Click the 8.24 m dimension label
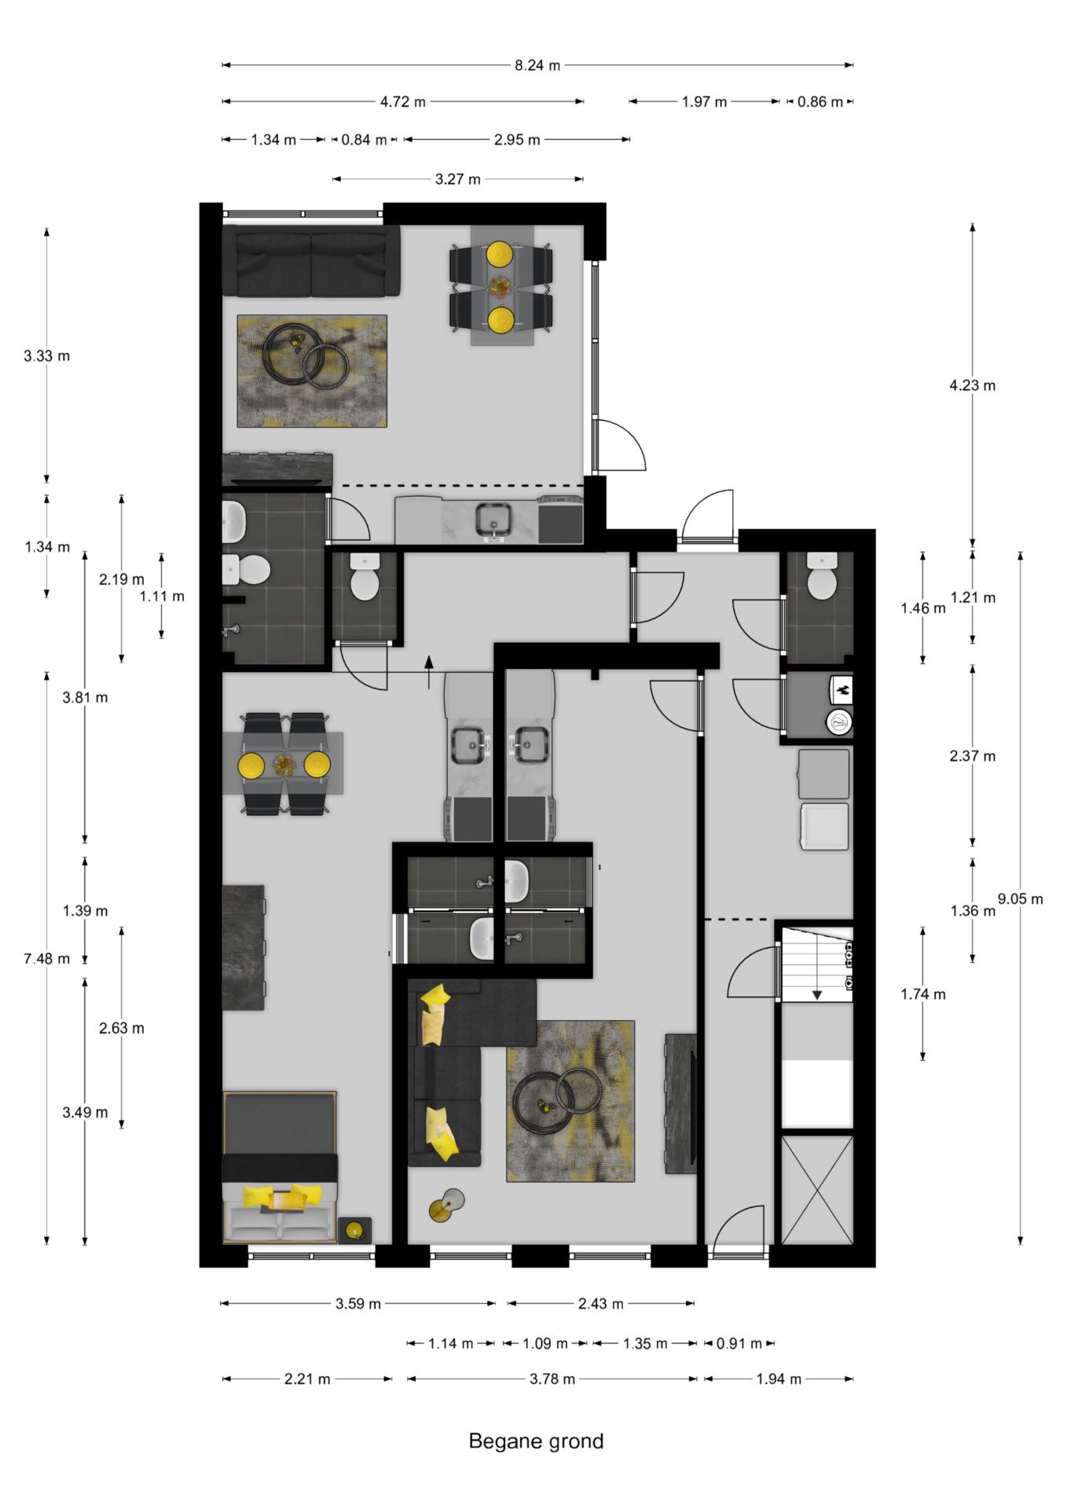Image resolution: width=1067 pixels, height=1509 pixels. coord(537,65)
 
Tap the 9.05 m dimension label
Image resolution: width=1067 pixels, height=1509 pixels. coord(1020,898)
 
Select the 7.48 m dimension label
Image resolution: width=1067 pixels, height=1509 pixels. coord(46,958)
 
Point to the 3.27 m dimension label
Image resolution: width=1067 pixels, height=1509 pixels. coord(458,179)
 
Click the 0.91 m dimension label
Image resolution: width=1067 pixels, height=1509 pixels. coord(739,1343)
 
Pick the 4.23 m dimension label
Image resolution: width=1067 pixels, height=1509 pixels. coord(972,385)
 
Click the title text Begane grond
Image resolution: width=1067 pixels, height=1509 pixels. coord(536,1441)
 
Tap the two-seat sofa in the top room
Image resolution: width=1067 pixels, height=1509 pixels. coord(311,261)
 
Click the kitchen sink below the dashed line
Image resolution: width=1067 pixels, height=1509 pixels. coord(493,520)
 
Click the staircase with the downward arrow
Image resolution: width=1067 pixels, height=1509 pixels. coord(816,964)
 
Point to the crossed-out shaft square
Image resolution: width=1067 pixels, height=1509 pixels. coord(817,1189)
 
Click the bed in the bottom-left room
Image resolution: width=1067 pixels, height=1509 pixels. coord(280,1166)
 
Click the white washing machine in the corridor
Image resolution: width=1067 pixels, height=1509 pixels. coord(824,826)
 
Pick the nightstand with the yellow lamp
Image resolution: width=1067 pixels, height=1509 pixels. coord(354,1230)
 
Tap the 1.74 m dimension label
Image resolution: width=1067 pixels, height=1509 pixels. coord(923,994)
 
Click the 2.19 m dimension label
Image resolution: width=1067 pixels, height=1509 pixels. coord(122,579)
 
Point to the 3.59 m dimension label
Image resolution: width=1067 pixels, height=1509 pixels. coord(358,1304)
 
